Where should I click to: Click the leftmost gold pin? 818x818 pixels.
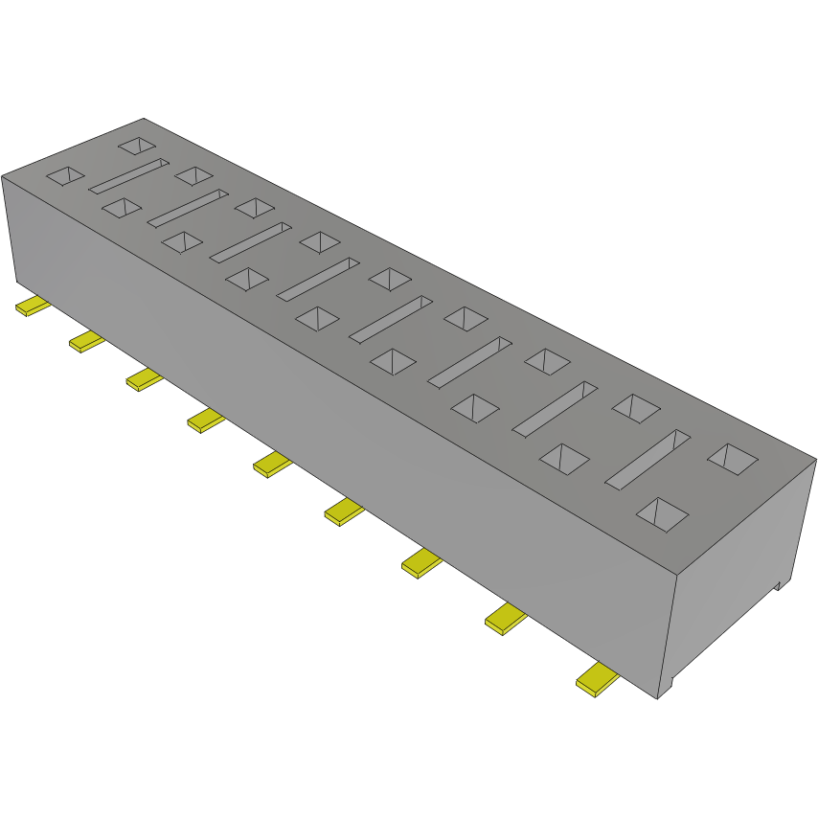click(x=34, y=307)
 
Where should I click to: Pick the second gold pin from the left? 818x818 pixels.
click(x=86, y=341)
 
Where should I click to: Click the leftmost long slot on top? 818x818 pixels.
click(x=128, y=176)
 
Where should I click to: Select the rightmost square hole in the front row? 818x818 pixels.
click(x=663, y=514)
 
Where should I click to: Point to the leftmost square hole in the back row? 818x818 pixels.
click(x=137, y=146)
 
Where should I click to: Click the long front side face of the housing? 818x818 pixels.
click(x=335, y=431)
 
